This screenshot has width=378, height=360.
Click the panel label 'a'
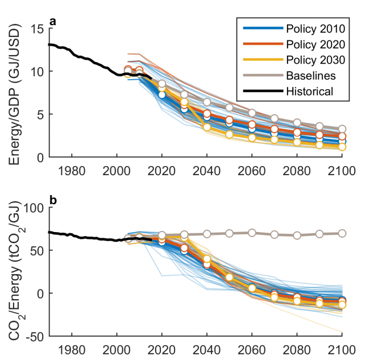52,22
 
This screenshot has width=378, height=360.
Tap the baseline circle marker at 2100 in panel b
342,233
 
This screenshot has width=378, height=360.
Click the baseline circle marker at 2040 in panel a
207,102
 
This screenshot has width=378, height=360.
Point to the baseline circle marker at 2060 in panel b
251,233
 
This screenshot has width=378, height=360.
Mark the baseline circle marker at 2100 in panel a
342,129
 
